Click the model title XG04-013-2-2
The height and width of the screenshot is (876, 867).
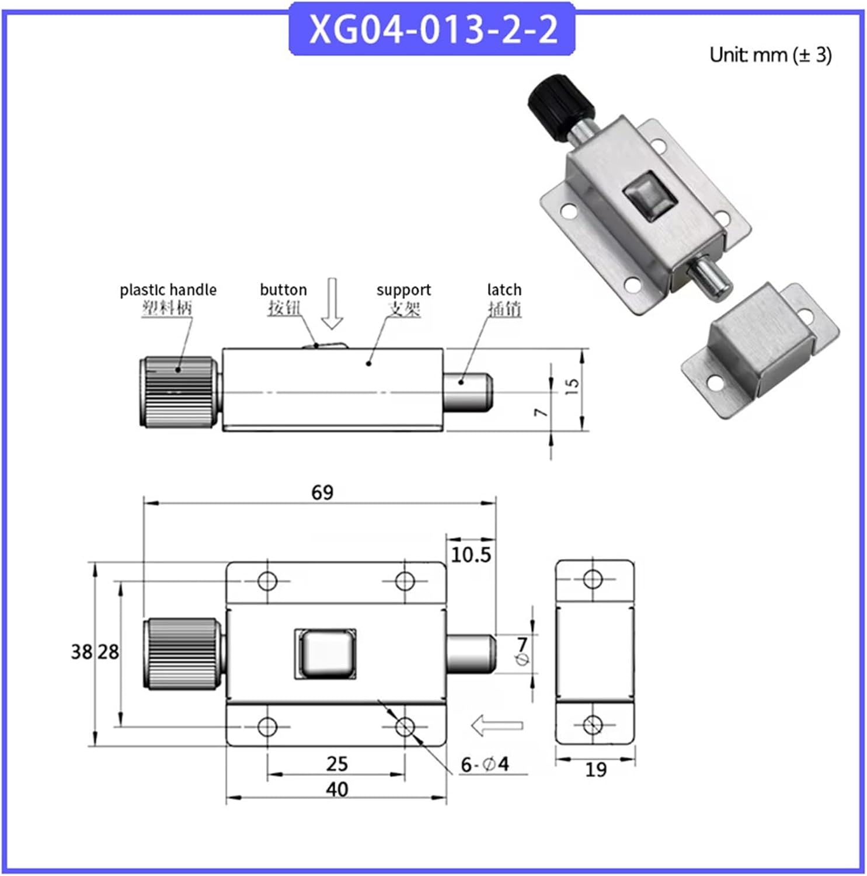click(433, 29)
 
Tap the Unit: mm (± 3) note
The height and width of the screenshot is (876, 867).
click(770, 55)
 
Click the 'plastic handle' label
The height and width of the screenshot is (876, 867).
click(168, 290)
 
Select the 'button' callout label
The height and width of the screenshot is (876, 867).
click(283, 290)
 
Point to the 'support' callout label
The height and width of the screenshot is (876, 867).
click(403, 290)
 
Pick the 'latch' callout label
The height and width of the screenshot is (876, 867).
click(504, 290)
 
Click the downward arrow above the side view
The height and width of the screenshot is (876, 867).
click(332, 304)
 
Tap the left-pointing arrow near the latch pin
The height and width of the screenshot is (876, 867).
click(496, 726)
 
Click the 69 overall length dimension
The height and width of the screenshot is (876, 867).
click(322, 493)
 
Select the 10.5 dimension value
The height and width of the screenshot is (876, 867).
click(471, 555)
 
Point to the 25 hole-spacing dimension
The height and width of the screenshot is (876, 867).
click(337, 763)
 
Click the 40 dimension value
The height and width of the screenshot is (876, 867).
click(337, 790)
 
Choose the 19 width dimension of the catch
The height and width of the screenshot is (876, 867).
click(596, 770)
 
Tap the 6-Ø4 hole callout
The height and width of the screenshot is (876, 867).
click(485, 764)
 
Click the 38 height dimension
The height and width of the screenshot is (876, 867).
click(81, 652)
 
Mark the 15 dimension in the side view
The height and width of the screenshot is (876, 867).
click(572, 385)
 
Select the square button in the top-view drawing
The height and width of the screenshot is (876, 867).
click(325, 653)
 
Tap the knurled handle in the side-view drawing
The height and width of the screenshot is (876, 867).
click(179, 392)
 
